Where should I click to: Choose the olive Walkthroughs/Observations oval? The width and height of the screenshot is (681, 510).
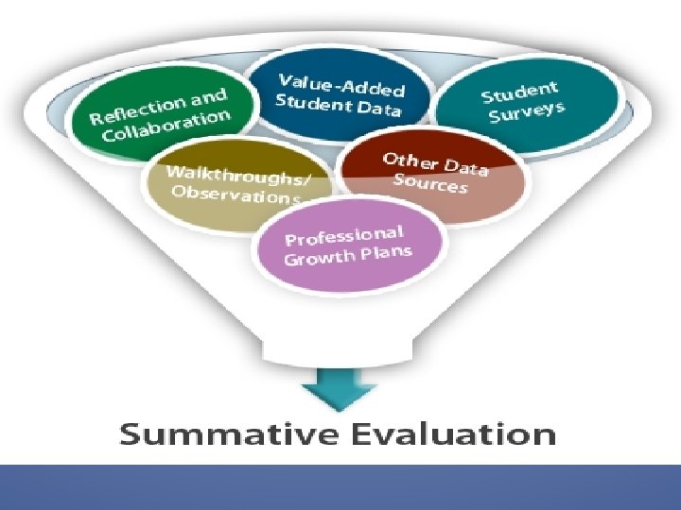pos(236,183)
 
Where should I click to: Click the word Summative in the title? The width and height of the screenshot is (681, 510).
pos(213,435)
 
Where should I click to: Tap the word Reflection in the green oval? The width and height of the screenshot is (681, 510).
pos(136,110)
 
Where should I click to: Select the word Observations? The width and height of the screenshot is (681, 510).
pos(236,195)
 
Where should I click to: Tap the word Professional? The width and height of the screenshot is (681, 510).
pos(345,236)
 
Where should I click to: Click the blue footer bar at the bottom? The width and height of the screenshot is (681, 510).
pos(340,486)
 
